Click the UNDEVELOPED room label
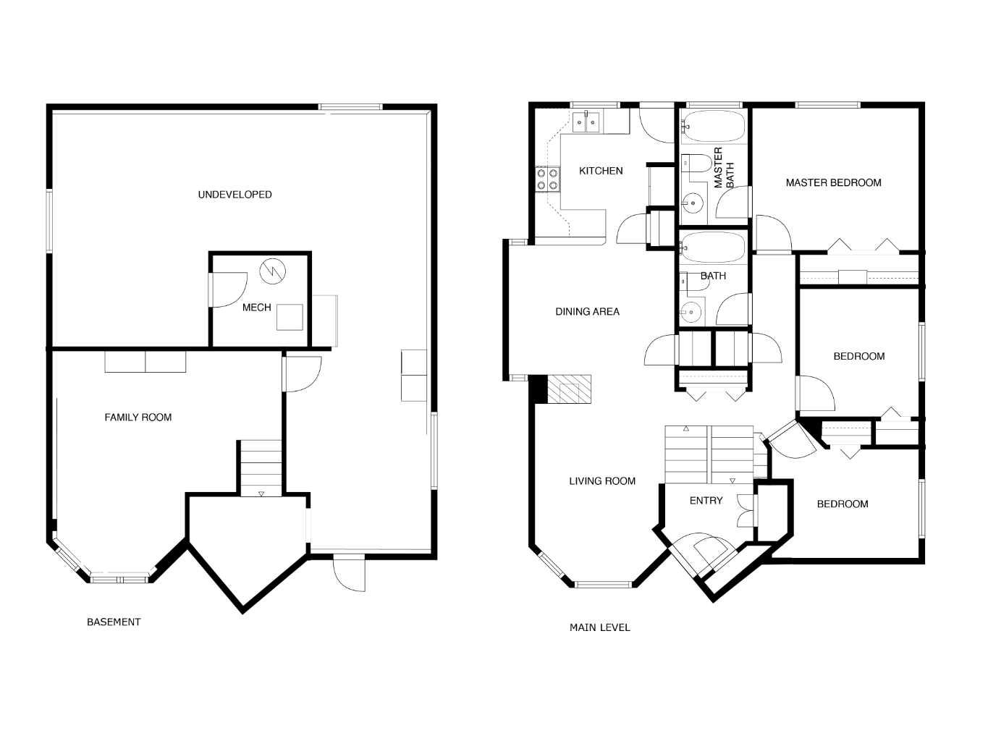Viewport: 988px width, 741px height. point(235,195)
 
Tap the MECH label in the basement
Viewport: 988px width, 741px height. point(256,308)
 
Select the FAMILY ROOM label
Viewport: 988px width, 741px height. point(138,418)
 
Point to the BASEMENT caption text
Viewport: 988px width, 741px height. point(114,622)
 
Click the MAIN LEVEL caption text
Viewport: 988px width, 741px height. point(599,628)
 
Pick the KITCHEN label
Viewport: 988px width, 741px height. point(601,172)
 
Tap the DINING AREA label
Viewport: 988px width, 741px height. point(587,312)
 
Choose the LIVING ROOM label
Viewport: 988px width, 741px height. point(602,481)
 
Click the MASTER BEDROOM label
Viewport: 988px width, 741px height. point(833,183)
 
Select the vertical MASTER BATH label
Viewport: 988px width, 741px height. point(724,168)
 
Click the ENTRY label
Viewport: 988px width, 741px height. point(706,501)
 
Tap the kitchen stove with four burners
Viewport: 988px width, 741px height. point(547,179)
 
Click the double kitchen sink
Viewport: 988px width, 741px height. point(586,123)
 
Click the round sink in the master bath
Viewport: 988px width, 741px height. point(693,203)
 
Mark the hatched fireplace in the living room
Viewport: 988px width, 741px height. point(569,391)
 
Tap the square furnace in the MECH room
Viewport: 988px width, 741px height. point(290,318)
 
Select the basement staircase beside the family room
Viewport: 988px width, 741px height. point(261,467)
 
